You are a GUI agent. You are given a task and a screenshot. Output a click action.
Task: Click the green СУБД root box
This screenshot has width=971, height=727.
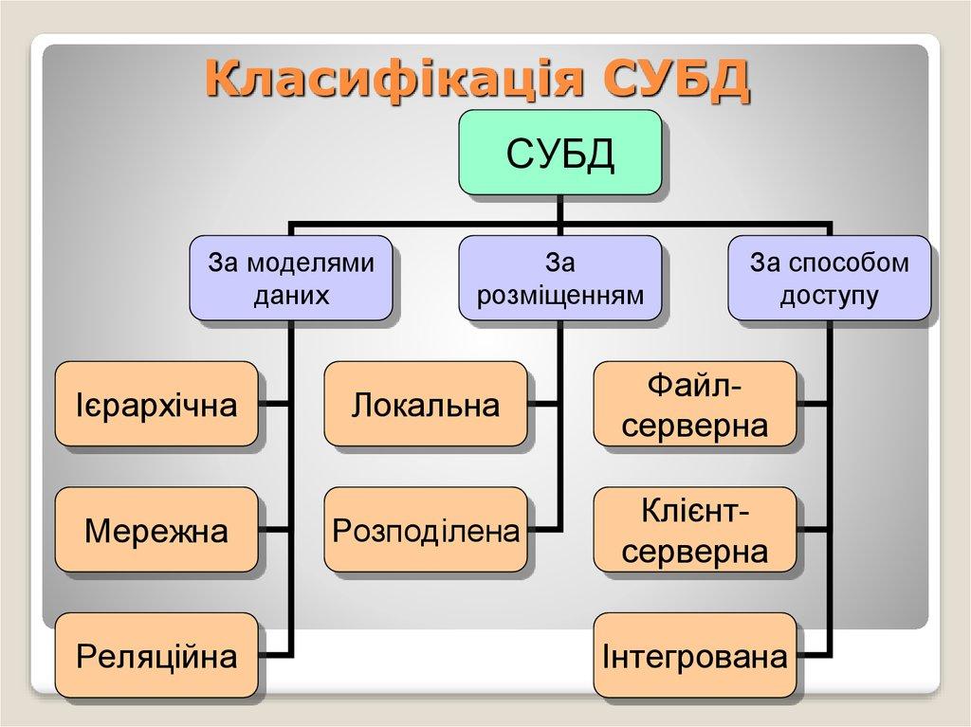coord(559,154)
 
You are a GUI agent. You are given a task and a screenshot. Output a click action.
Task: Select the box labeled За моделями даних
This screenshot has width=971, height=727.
coord(291,278)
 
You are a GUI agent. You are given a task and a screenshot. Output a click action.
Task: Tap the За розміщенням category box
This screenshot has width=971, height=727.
coord(559,278)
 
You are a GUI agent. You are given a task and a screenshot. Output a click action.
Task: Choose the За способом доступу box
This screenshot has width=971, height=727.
coord(828,278)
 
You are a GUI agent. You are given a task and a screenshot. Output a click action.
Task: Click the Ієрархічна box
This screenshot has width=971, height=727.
coord(156,405)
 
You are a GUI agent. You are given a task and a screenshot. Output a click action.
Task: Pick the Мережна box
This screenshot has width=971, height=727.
coord(156,530)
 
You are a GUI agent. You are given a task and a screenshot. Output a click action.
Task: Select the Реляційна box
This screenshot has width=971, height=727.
coord(156,655)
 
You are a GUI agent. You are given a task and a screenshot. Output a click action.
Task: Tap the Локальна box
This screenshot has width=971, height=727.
coord(426,405)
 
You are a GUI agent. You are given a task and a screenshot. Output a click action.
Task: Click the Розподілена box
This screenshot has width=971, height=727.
coord(426,530)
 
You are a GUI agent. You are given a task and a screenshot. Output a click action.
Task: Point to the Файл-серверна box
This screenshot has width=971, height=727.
coord(695,405)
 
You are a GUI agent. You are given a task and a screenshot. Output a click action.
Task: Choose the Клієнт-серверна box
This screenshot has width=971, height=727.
coord(695,530)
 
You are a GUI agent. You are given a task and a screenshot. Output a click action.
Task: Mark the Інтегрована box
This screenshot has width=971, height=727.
coord(695,655)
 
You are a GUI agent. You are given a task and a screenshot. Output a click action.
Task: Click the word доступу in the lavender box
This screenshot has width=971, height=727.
coord(828,295)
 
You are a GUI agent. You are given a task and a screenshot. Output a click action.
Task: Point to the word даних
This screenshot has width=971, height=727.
coord(291,295)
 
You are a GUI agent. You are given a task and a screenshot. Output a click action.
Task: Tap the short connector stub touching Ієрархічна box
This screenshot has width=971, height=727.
coord(274,405)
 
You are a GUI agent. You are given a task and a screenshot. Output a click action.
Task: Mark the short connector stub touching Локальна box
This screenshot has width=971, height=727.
coord(543,405)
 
